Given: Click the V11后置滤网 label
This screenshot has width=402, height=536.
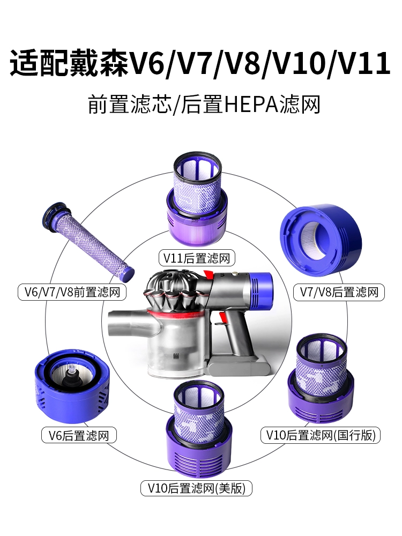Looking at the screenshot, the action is tap(197, 258).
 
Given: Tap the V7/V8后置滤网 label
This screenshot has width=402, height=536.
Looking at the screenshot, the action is tap(339, 292).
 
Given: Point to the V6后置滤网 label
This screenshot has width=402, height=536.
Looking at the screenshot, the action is tap(79, 435).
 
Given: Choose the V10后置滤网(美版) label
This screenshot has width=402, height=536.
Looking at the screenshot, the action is tap(197, 488).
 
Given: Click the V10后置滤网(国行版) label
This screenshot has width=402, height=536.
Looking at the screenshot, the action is tap(321, 435).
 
